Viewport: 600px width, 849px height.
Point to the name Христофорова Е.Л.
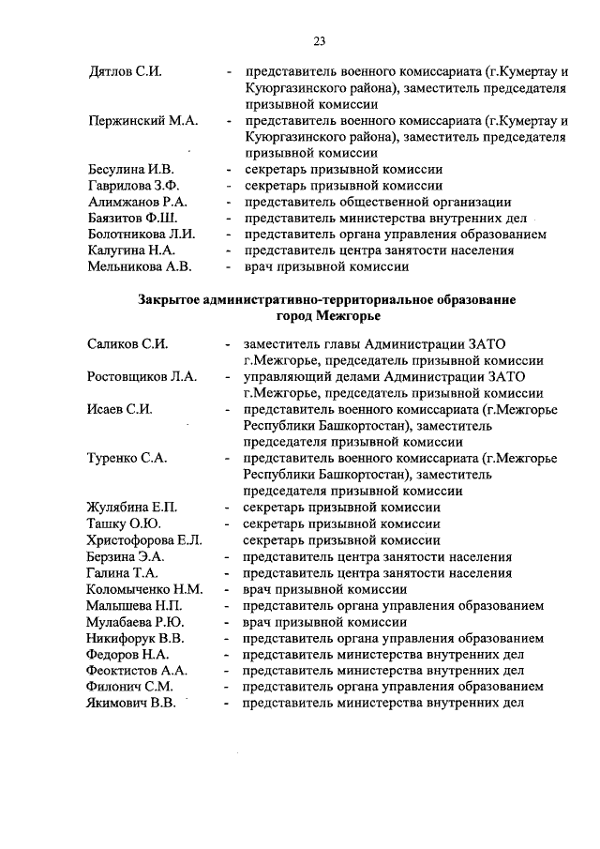coord(144,540)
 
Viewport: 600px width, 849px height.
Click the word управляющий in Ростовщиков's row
coord(282,377)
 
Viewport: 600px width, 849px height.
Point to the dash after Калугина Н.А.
coord(228,250)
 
